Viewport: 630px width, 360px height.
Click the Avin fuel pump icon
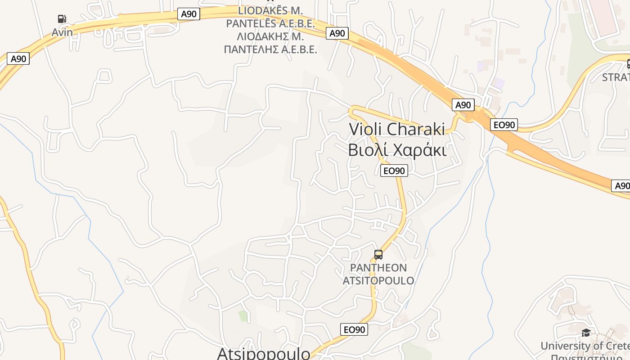click(62, 19)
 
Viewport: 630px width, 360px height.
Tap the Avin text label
click(62, 32)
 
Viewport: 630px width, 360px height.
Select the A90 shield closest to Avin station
click(18, 58)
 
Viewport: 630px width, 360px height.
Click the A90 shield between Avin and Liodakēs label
click(189, 14)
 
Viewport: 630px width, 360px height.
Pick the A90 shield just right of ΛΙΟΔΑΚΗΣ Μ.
click(337, 33)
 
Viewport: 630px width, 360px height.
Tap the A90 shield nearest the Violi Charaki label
click(463, 105)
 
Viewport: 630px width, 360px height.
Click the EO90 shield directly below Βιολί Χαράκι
click(394, 171)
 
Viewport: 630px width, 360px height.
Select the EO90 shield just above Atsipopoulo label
click(354, 329)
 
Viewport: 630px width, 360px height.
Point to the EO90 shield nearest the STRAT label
click(504, 125)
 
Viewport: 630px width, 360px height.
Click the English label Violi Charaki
click(397, 129)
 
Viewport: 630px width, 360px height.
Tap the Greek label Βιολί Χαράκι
click(397, 150)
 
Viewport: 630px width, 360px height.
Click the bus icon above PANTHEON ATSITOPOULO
click(378, 255)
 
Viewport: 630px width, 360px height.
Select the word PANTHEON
click(378, 268)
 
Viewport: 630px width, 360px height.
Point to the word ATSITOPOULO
click(378, 280)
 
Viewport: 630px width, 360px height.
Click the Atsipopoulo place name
click(264, 353)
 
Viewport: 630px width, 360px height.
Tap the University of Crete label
click(585, 346)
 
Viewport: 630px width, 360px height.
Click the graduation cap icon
click(586, 333)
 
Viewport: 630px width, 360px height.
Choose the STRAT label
click(616, 77)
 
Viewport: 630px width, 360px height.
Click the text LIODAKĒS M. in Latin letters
click(270, 10)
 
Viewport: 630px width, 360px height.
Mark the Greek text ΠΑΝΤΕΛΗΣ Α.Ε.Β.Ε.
click(270, 49)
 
